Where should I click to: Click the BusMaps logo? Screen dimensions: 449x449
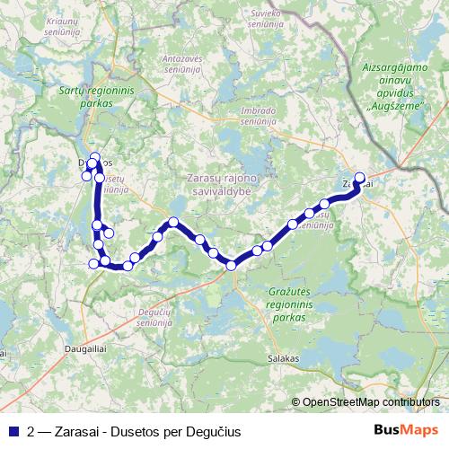pyautogui.click(x=407, y=430)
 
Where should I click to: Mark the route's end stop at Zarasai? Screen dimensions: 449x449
pyautogui.click(x=360, y=178)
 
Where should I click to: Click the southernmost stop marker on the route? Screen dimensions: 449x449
pyautogui.click(x=232, y=265)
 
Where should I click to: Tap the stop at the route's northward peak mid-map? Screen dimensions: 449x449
pyautogui.click(x=173, y=222)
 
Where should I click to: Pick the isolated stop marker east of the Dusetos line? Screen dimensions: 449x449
pyautogui.click(x=109, y=233)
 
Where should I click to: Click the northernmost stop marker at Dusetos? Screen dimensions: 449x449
pyautogui.click(x=95, y=157)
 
